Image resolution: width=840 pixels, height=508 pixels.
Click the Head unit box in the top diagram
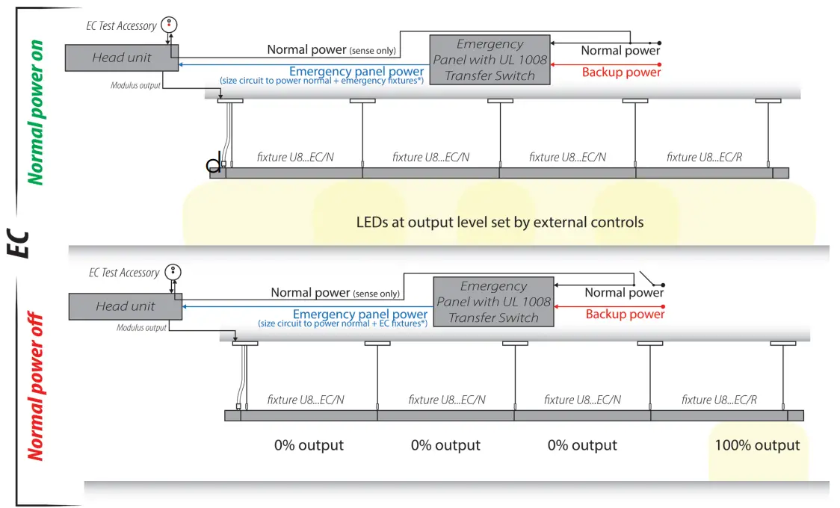[x=122, y=58]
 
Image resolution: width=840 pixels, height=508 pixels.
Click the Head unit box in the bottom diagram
[x=126, y=306]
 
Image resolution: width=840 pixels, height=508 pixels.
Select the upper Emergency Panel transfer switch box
[x=490, y=60]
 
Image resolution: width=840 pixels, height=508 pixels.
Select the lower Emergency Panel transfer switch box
[x=493, y=302]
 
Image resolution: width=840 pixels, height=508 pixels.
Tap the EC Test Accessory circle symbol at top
[x=170, y=24]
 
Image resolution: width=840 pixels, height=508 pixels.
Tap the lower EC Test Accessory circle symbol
[x=173, y=271]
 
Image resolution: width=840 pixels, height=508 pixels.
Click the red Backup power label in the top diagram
[x=622, y=72]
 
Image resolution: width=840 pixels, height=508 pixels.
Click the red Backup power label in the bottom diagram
[x=625, y=315]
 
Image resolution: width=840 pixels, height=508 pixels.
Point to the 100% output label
[x=757, y=445]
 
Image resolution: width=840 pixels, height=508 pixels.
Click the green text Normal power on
[x=35, y=112]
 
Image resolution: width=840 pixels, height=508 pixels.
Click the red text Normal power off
[x=35, y=386]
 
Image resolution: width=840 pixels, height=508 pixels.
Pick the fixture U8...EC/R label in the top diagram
[x=704, y=158]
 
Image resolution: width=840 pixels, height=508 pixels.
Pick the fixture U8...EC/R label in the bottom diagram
[x=719, y=400]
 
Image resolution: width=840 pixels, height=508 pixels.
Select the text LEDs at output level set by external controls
[x=500, y=222]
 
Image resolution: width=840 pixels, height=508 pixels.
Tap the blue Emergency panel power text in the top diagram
[x=356, y=71]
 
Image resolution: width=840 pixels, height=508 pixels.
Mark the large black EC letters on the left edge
[x=19, y=244]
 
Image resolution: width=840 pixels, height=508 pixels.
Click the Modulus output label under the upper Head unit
[x=135, y=86]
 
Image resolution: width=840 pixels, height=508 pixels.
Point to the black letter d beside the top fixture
[x=214, y=164]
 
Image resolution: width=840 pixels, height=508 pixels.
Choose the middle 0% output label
[x=445, y=445]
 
